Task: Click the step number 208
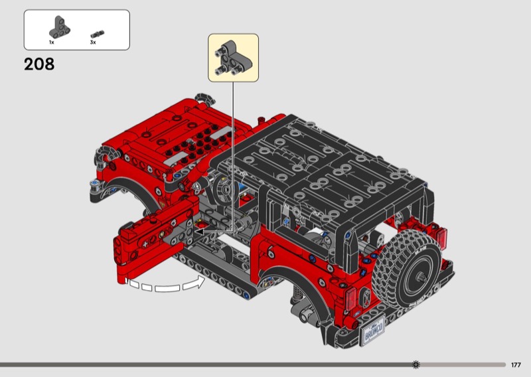pos(39,64)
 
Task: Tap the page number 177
pos(516,365)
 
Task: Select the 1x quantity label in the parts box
pos(52,42)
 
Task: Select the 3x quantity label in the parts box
pos(93,42)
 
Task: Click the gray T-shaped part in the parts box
pos(60,27)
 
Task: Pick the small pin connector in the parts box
pos(98,34)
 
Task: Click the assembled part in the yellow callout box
pos(233,58)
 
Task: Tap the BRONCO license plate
pos(373,331)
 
